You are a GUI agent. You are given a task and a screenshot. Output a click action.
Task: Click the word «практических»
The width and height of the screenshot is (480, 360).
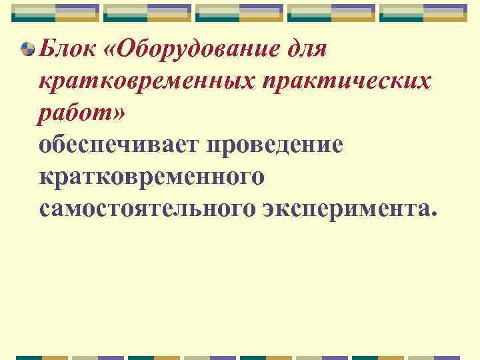[x=347, y=83]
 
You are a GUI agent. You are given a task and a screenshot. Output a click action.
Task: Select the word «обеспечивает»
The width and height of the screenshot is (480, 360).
[x=123, y=145]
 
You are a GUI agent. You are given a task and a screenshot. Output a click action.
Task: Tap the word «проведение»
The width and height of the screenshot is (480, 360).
[x=279, y=145]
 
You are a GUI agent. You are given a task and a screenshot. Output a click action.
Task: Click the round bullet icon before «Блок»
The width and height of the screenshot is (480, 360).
[x=28, y=49]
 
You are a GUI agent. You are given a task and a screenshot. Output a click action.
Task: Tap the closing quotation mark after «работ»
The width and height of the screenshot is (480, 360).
[x=118, y=115]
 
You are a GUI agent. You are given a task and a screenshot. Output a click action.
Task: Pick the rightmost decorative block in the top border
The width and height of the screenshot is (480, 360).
[x=424, y=13]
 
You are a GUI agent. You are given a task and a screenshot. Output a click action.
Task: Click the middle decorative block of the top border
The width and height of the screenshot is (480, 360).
[x=240, y=13]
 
